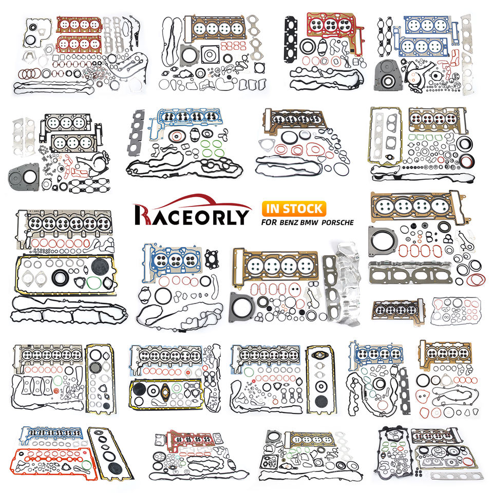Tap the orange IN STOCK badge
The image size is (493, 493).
point(293,208)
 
